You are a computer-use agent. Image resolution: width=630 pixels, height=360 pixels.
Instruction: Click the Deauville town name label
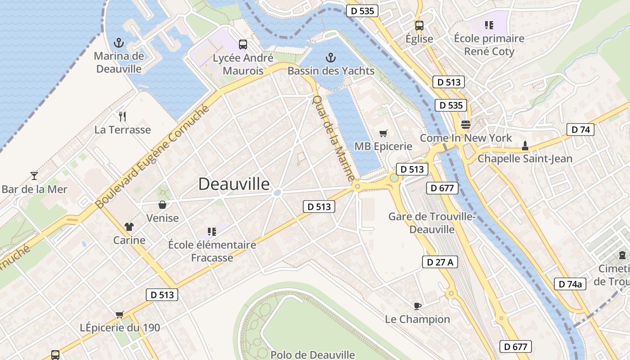(x=234, y=184)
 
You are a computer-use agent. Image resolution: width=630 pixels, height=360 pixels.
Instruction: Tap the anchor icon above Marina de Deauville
(x=119, y=43)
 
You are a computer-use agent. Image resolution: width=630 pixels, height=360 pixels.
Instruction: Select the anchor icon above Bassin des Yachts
(x=330, y=58)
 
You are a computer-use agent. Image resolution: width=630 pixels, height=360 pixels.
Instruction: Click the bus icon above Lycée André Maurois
(x=243, y=44)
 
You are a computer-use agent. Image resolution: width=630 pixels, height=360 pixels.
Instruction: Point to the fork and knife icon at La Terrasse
(x=122, y=117)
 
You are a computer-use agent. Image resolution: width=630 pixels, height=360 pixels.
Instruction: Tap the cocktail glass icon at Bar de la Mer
(x=34, y=175)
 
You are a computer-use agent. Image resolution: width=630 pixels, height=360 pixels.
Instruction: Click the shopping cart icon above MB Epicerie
(x=383, y=133)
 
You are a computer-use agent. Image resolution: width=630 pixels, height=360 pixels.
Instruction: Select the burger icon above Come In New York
(x=465, y=124)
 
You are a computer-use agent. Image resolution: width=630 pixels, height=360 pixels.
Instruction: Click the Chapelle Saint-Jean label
(x=525, y=158)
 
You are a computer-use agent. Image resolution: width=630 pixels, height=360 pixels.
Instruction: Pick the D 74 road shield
(x=580, y=130)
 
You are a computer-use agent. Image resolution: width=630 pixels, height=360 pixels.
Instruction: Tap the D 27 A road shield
(x=440, y=262)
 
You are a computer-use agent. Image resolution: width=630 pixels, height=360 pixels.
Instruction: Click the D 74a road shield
(x=570, y=284)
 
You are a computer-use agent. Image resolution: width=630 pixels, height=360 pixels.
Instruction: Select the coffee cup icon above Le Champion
(x=417, y=306)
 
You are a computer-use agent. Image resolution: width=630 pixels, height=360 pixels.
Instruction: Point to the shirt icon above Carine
(x=129, y=227)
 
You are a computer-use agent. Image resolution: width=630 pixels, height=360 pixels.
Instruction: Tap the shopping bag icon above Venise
(x=162, y=205)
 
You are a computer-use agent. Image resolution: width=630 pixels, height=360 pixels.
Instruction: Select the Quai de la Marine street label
(x=333, y=138)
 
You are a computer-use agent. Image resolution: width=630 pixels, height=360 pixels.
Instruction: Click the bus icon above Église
(x=419, y=26)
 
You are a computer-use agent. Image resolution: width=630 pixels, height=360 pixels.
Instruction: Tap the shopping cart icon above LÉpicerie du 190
(x=120, y=315)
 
